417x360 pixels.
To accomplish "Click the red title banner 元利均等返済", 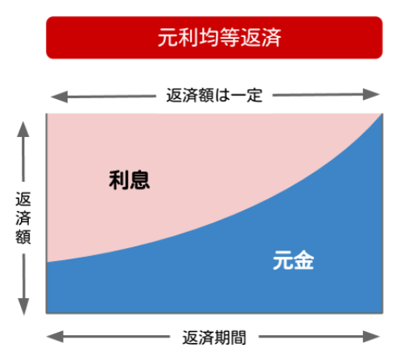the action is (214, 38).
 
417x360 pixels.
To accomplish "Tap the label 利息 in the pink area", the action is (129, 180).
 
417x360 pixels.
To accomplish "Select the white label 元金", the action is (293, 260).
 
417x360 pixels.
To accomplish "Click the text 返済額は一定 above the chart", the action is (214, 95).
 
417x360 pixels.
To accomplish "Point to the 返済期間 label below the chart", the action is (214, 337).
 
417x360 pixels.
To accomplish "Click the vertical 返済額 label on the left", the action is (23, 217).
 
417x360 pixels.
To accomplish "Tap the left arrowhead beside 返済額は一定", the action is (60, 97).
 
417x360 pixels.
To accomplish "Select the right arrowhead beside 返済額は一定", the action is (371, 94).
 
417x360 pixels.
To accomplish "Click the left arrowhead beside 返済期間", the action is (56, 337).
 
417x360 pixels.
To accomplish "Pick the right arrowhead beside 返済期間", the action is (371, 337).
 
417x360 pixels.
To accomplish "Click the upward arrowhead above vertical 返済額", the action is (23, 130).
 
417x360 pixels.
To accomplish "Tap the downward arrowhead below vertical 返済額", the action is (23, 307).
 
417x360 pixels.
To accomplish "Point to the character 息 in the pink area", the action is (139, 180).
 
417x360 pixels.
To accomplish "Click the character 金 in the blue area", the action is (303, 260).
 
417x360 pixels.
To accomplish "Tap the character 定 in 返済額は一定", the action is (254, 95).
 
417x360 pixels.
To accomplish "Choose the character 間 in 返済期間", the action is (238, 337).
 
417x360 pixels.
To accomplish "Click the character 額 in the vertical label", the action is (23, 236).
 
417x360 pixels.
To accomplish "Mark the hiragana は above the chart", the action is (222, 95).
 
